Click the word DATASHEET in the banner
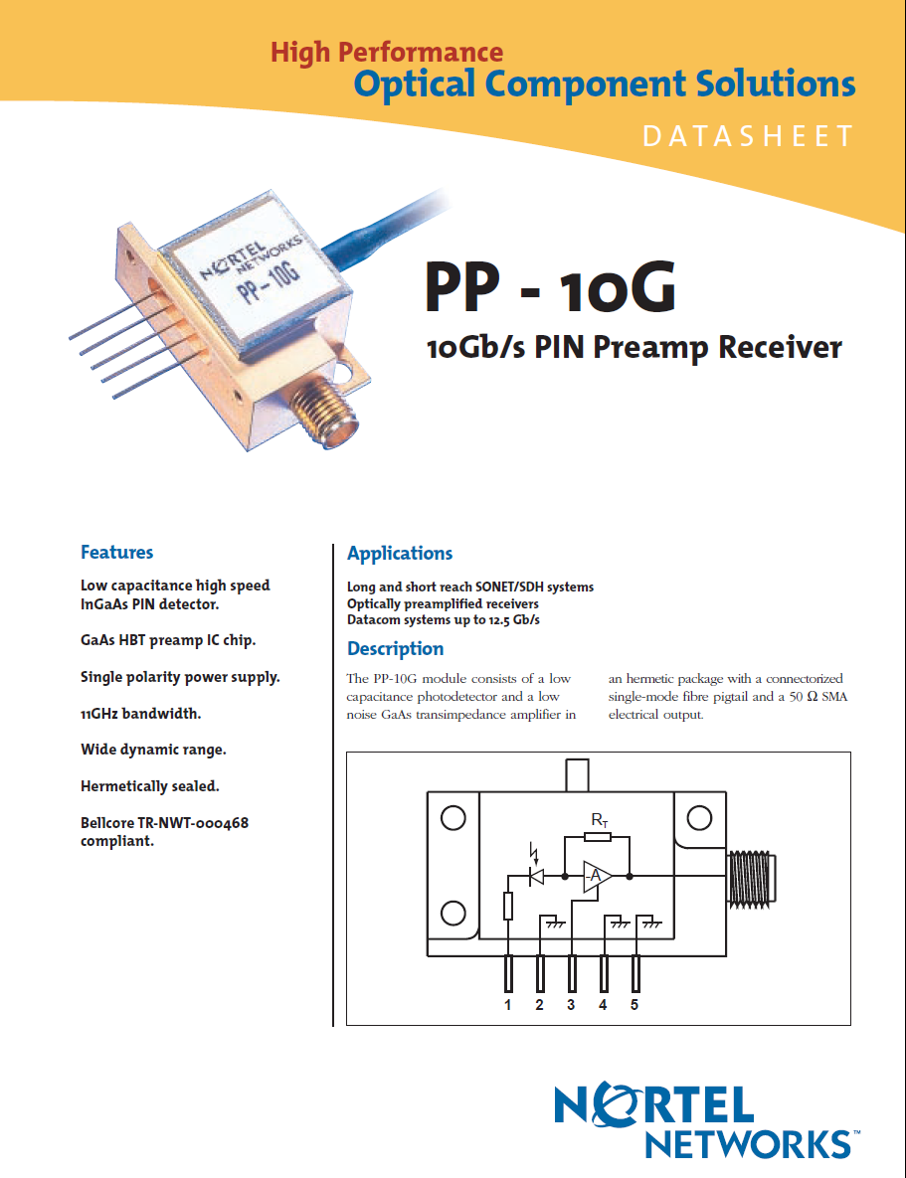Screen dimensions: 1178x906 748,136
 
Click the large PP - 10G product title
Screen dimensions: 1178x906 550,287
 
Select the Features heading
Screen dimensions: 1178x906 116,552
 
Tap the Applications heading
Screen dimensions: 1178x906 399,553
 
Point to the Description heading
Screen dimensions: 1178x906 395,648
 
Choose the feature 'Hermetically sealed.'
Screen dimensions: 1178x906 149,785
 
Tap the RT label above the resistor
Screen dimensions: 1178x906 599,820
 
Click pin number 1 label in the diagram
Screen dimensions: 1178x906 507,1005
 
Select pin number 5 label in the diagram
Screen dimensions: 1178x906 634,1005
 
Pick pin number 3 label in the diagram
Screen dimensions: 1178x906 571,1005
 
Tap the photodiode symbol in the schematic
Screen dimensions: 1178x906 537,876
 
